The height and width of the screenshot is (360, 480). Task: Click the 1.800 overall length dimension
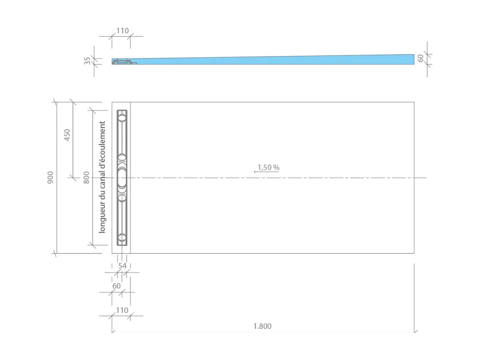262,326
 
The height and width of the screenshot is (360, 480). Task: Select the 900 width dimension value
50,178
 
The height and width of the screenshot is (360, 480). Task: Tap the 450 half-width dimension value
67,135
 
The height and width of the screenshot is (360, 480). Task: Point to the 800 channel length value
87,177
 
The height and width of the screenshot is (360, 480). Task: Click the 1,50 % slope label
268,167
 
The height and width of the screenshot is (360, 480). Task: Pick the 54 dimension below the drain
122,266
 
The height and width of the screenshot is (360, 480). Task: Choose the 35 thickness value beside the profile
88,60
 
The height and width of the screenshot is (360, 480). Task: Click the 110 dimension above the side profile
122,31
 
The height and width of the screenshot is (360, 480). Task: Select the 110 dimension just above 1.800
122,310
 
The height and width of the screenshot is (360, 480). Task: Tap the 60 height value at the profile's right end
421,58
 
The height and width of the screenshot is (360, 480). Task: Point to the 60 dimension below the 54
116,286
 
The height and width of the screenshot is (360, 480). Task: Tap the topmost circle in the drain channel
122,118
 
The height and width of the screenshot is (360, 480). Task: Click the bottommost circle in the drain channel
122,237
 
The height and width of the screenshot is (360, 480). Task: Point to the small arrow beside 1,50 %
255,171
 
